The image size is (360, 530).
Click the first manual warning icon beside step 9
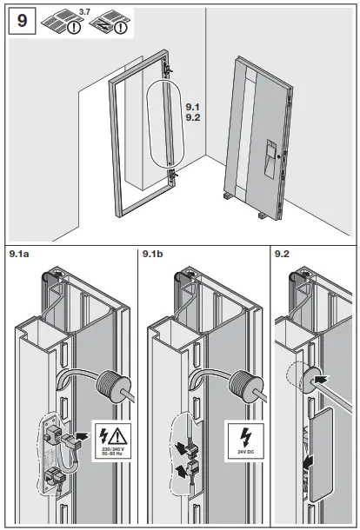pyautogui.click(x=64, y=21)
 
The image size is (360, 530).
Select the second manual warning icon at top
pyautogui.click(x=111, y=21)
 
